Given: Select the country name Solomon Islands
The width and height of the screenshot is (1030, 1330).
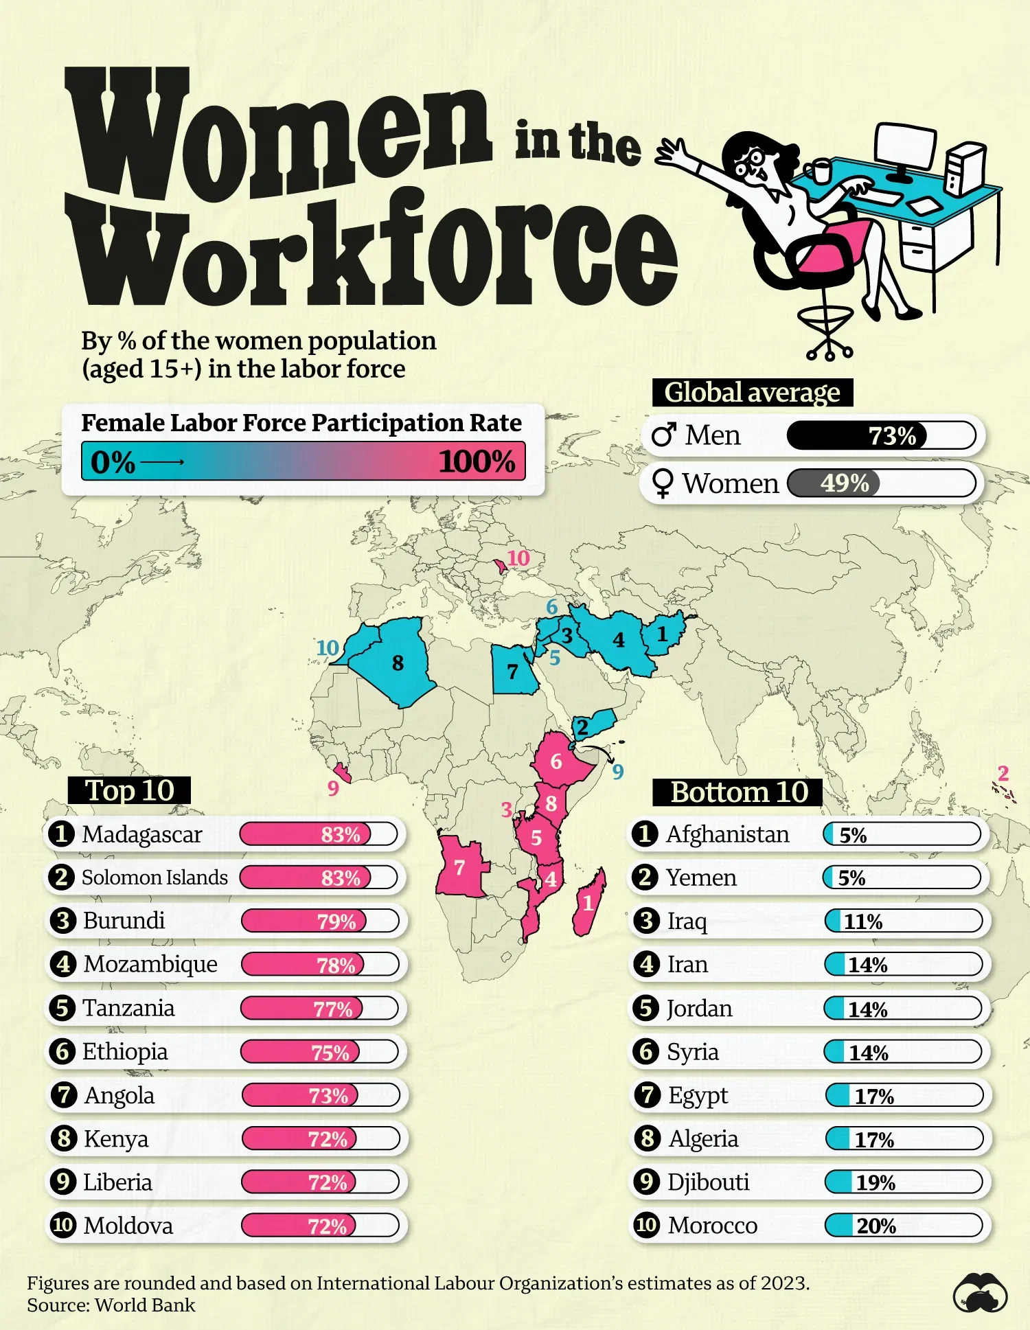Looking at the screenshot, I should pos(154,878).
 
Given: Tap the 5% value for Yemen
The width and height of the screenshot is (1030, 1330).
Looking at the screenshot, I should pos(851,878).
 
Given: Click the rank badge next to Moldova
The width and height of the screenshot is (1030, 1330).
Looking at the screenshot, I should pos(63,1226).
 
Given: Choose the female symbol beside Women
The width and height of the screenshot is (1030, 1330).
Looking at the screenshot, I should pos(663,483).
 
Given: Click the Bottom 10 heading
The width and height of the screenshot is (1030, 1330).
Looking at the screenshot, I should pos(738,792).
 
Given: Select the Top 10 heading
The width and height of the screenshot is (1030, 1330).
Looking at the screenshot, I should pos(129,790).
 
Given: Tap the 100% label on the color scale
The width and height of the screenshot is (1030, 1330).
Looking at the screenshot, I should pos(477,461).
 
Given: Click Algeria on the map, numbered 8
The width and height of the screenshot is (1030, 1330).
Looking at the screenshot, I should pos(398,663).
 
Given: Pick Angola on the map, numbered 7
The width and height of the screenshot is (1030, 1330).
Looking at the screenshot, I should pos(460,868).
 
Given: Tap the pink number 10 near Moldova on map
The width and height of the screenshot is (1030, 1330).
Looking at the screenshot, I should pos(518,558).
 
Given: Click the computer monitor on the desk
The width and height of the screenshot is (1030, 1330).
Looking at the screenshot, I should pos(904,147).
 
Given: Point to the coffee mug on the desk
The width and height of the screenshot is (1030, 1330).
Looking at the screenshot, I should pos(819,170).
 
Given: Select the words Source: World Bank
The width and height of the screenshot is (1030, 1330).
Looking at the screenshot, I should pos(111,1305).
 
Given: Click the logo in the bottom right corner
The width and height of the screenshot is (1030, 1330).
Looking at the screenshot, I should pos(980,1293).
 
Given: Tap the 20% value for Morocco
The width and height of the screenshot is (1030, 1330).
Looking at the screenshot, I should pos(876,1226).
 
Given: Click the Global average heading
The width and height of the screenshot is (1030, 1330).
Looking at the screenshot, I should pos(752,393).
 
